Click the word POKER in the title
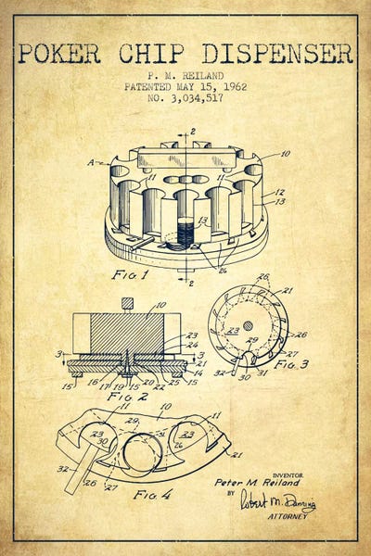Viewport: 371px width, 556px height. (58, 53)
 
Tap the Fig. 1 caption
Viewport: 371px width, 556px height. (126, 276)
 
